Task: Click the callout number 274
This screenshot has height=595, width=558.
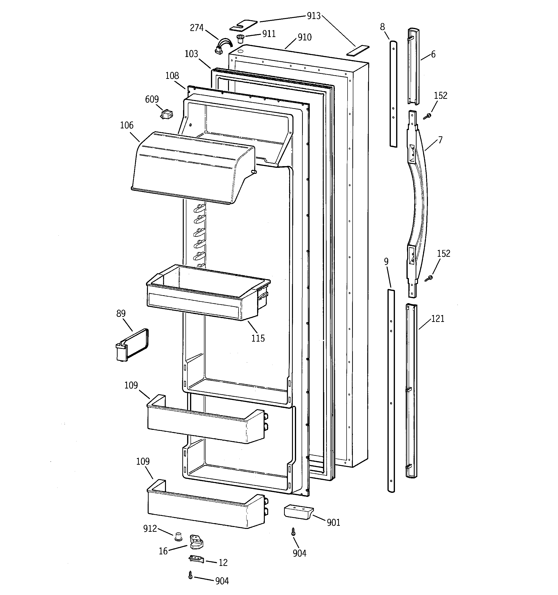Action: click(197, 28)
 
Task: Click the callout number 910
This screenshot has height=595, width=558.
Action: click(304, 38)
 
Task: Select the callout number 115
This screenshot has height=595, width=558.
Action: click(258, 338)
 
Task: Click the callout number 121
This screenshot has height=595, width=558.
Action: click(438, 319)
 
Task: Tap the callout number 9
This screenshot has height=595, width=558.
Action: click(386, 262)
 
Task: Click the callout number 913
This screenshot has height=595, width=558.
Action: click(314, 16)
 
